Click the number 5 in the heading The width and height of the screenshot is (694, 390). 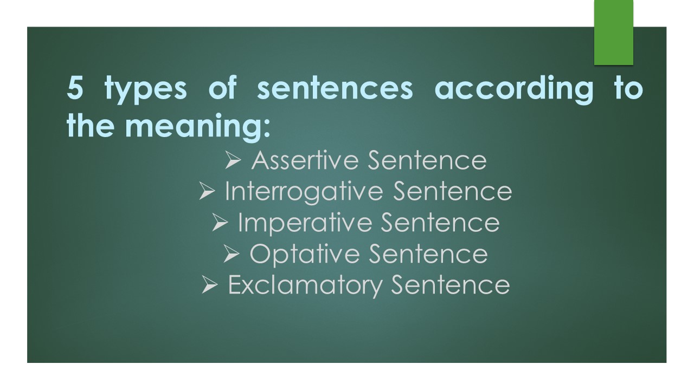tap(75, 89)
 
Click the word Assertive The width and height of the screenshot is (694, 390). tap(305, 160)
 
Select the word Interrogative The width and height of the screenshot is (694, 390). tap(305, 192)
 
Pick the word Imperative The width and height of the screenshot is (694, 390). tap(305, 223)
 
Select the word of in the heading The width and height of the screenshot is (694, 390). tap(222, 89)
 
